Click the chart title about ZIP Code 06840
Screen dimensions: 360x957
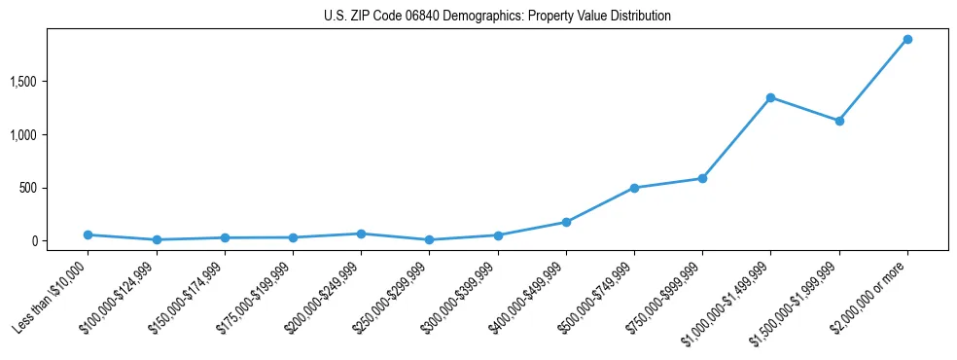pos(498,16)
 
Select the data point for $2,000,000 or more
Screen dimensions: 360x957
pos(907,40)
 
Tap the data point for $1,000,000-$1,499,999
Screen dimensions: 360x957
pos(770,97)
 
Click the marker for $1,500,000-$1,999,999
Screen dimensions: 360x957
pos(839,121)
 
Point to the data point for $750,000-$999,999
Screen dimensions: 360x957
pos(702,178)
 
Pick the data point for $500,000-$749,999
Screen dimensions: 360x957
pos(634,188)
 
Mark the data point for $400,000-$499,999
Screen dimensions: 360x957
pos(566,222)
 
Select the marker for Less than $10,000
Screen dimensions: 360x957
pos(89,234)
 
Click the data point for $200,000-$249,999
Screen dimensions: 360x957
pos(361,234)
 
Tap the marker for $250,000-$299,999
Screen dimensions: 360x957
pos(429,239)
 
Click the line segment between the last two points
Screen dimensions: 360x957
pos(873,80)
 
